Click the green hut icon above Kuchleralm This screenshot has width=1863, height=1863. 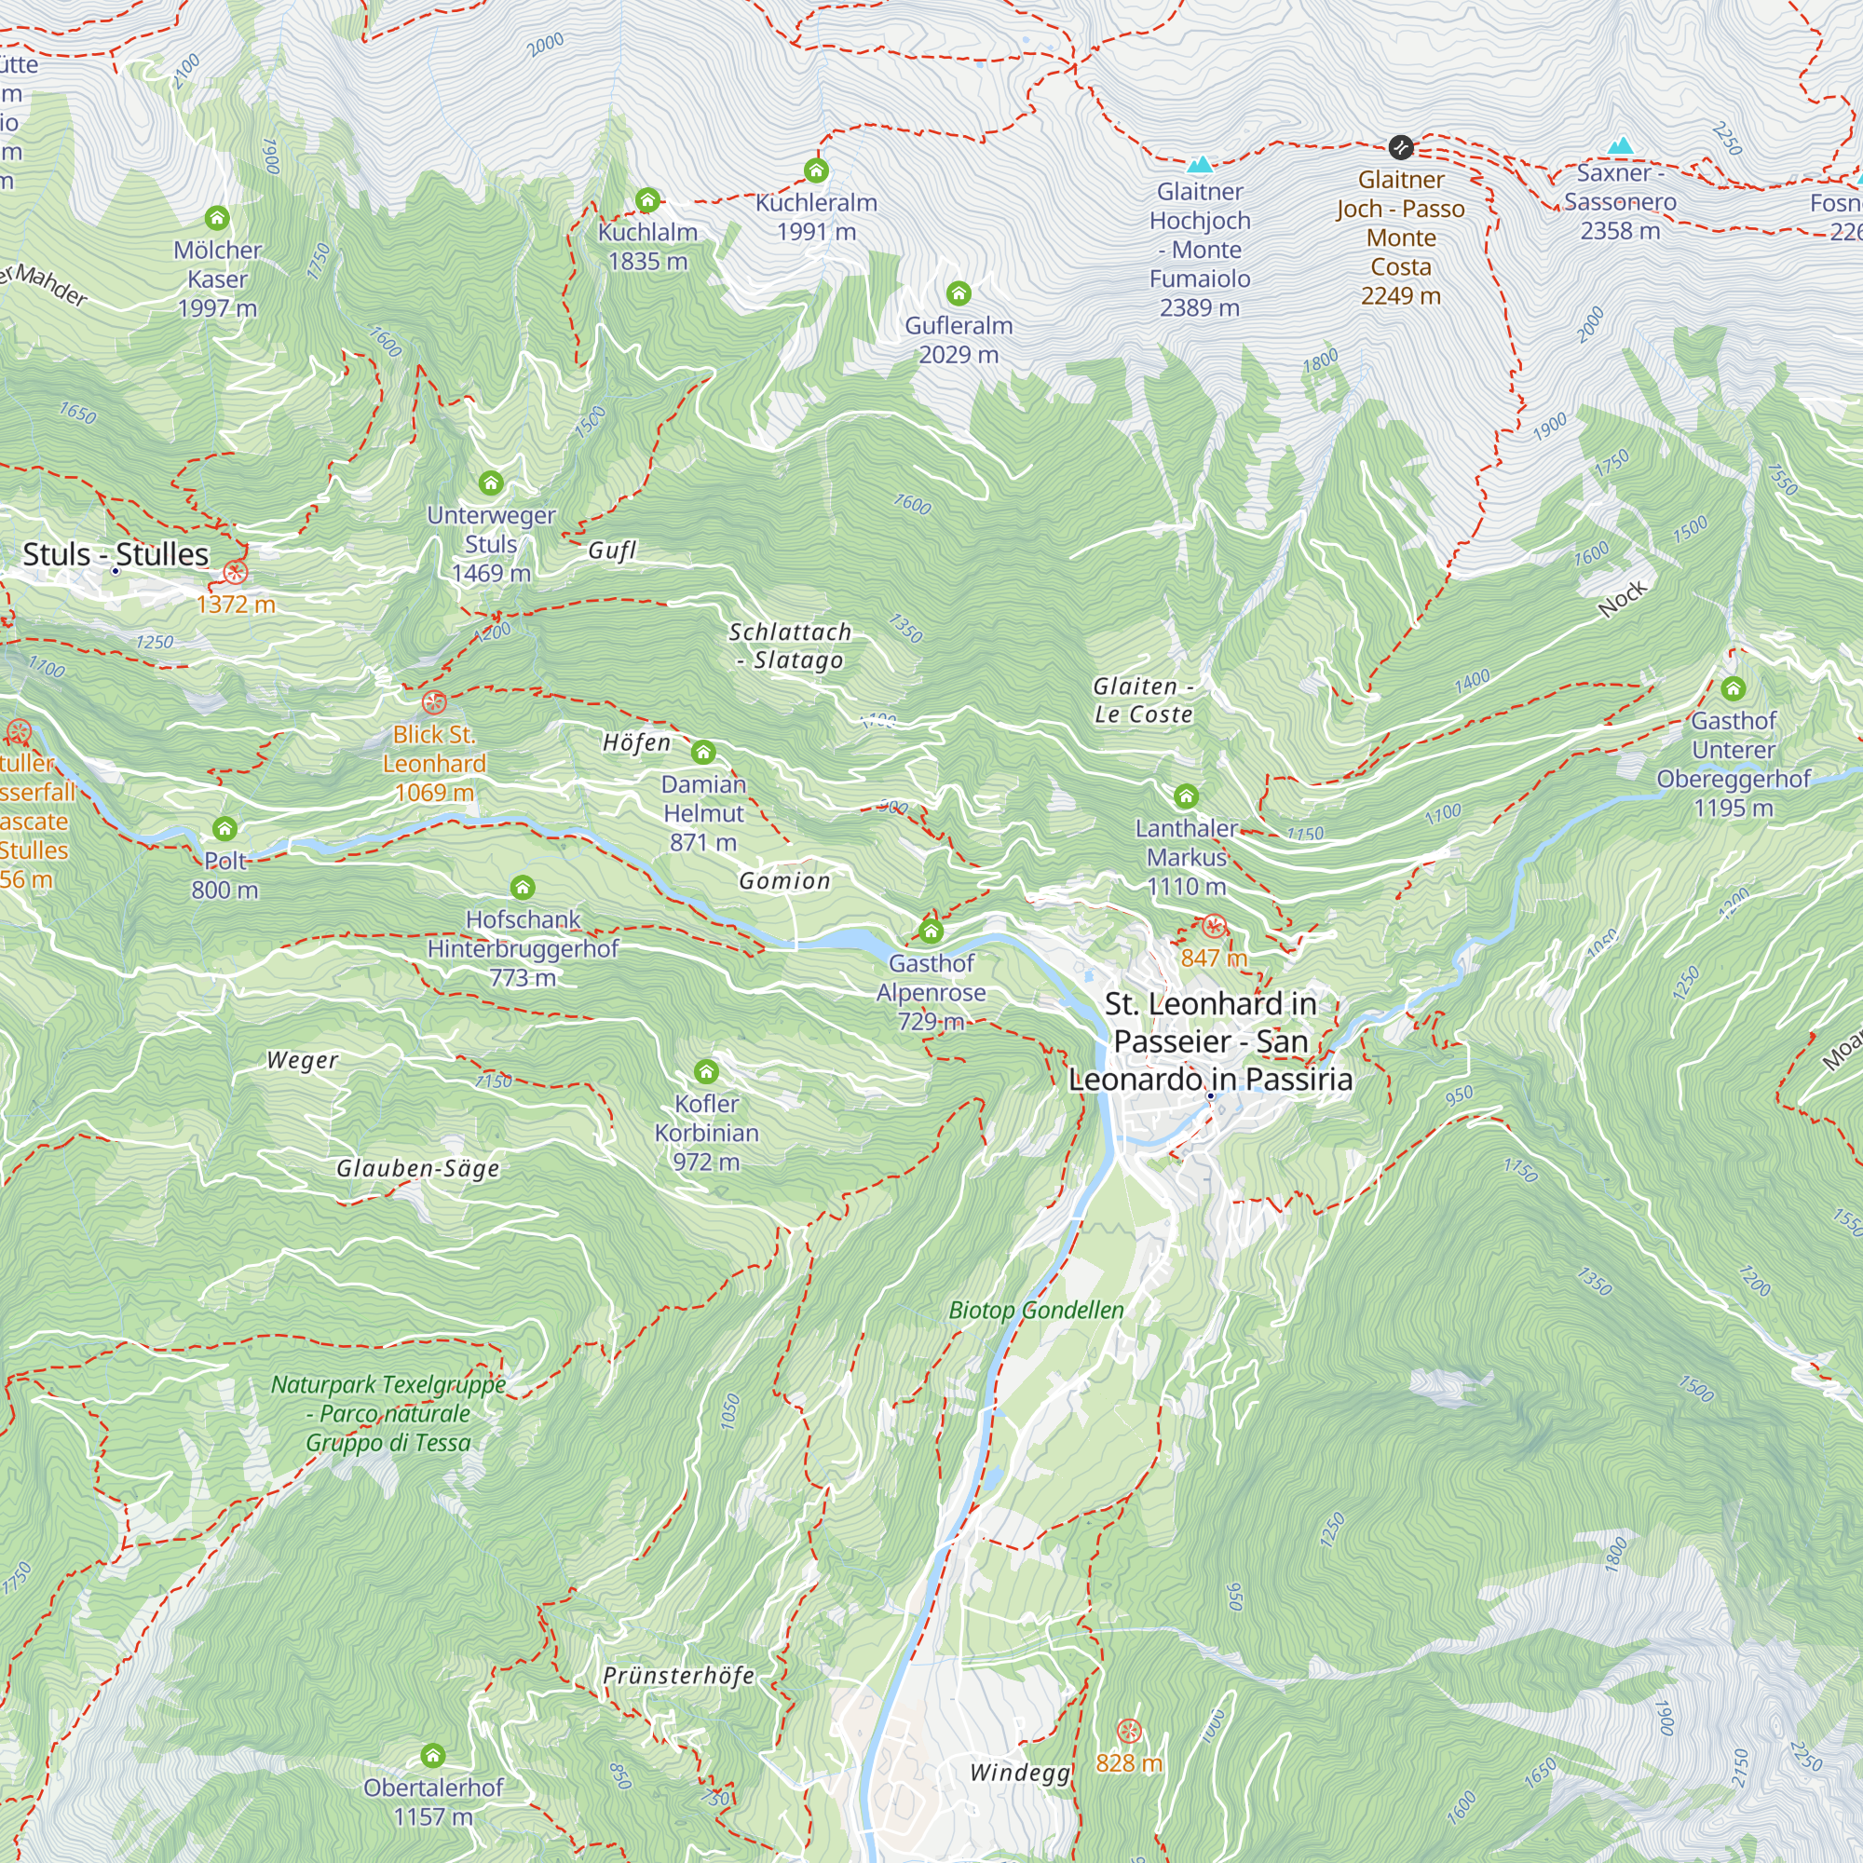click(816, 170)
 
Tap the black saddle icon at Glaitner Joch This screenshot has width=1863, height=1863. click(1400, 147)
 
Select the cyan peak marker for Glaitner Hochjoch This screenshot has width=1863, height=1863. click(1200, 164)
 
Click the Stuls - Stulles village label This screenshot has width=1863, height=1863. click(116, 554)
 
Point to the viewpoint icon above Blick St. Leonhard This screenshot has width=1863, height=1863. click(434, 702)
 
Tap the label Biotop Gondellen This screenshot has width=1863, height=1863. click(1036, 1310)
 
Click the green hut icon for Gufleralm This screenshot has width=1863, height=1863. click(958, 293)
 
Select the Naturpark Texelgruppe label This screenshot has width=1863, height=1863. click(388, 1413)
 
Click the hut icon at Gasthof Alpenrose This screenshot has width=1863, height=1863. click(931, 931)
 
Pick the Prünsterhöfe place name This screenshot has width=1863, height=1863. click(678, 1675)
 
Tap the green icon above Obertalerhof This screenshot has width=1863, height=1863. click(433, 1754)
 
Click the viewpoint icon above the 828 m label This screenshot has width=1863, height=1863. click(1128, 1730)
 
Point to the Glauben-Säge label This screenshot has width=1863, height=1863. click(417, 1168)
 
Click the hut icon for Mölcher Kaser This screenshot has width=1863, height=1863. click(217, 218)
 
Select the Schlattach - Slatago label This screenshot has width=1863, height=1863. click(790, 646)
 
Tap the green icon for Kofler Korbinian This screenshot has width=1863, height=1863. click(706, 1071)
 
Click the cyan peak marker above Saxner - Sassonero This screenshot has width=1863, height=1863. click(1620, 146)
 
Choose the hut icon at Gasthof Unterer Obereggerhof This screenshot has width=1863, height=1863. click(1733, 688)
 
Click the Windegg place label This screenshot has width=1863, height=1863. click(1019, 1773)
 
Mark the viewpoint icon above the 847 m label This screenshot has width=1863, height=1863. click(1214, 927)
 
